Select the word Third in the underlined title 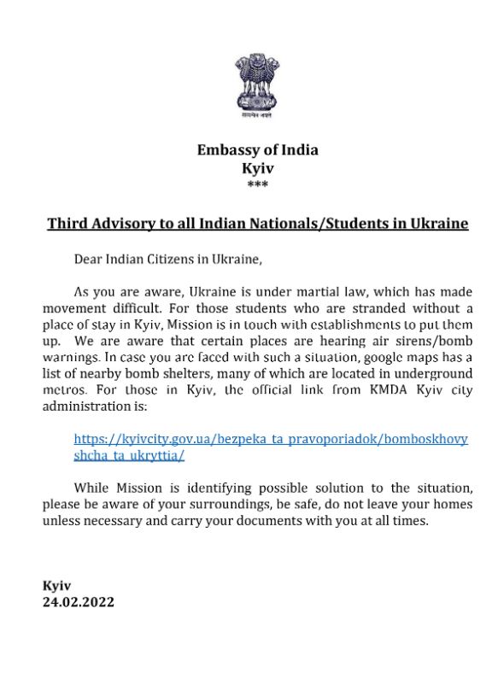point(67,224)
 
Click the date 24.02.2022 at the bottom point(78,601)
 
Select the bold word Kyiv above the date point(56,585)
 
